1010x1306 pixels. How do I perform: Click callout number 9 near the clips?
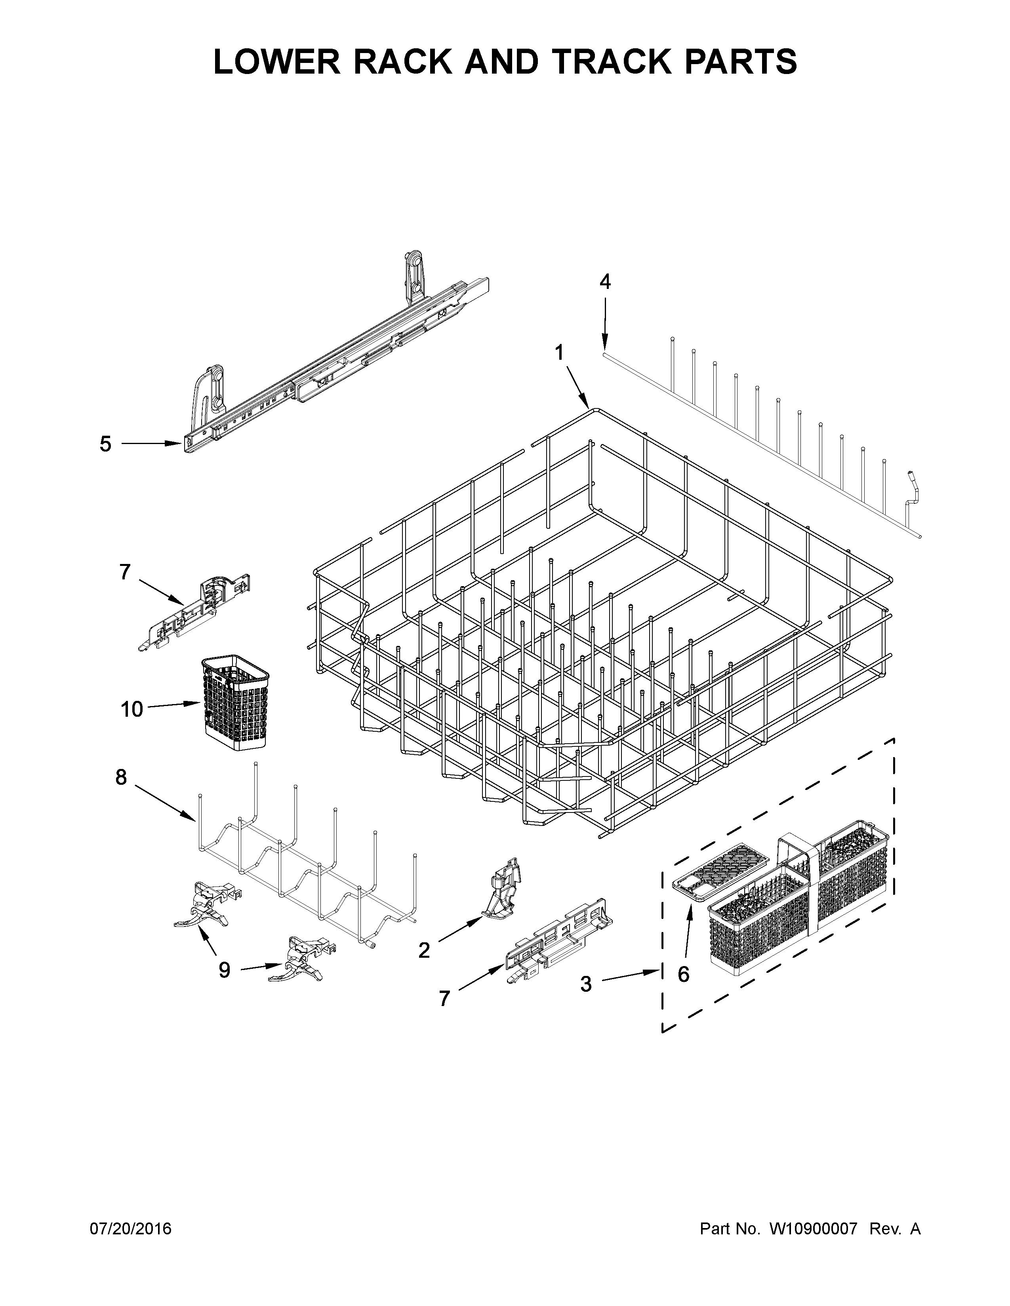(x=224, y=970)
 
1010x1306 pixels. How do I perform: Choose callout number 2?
(x=424, y=949)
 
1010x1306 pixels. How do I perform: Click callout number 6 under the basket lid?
(x=683, y=974)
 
